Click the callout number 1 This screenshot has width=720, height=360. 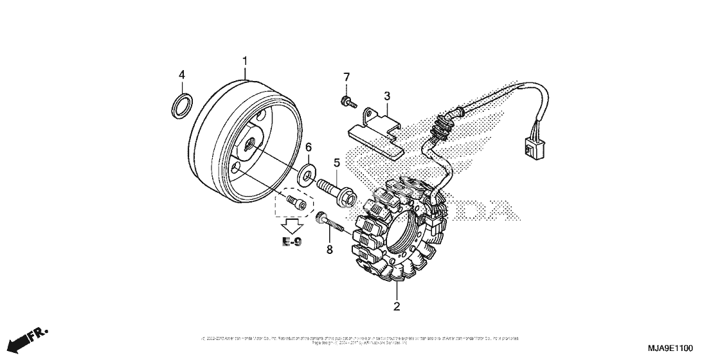[x=245, y=61]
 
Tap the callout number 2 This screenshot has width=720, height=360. [x=397, y=306]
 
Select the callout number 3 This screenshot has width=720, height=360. [x=387, y=96]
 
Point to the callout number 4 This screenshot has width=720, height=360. [x=182, y=75]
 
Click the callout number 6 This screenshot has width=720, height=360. [x=309, y=148]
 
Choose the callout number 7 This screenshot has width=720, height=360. [x=346, y=78]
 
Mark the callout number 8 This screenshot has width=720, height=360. [x=329, y=249]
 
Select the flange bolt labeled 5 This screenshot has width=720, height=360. [x=337, y=192]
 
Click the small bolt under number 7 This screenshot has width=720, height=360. [x=346, y=101]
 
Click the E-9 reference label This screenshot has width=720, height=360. [x=292, y=242]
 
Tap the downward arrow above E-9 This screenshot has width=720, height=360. [x=293, y=225]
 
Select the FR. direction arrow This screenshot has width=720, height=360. [x=30, y=339]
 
